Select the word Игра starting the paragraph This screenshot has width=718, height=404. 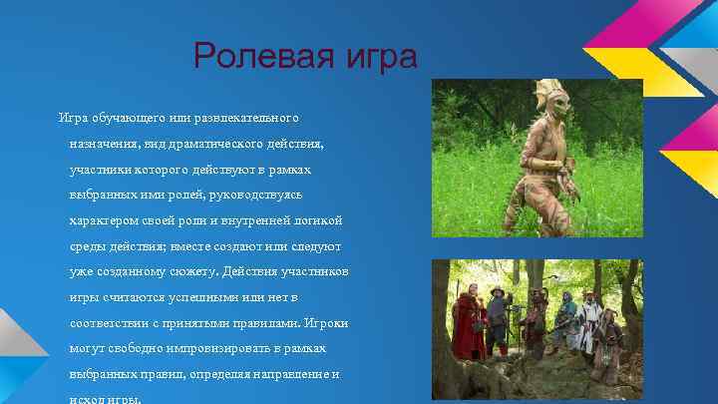76,119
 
